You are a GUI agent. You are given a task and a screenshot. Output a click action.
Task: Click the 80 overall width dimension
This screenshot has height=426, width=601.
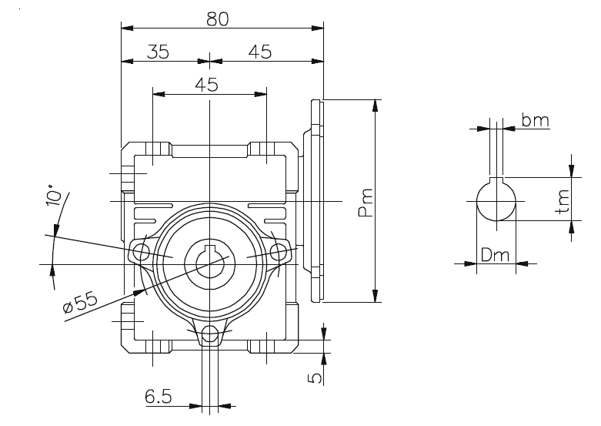coord(218,19)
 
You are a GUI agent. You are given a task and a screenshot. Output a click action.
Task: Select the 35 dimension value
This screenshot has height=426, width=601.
coord(159,52)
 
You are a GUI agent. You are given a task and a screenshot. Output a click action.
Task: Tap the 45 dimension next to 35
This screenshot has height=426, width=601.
coord(260,52)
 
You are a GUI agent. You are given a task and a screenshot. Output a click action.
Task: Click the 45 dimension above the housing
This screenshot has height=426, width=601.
coord(206,85)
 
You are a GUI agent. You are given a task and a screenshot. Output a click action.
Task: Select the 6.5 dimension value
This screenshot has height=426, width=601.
coord(159,397)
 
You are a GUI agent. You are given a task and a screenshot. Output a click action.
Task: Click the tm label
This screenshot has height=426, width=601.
coord(564,202)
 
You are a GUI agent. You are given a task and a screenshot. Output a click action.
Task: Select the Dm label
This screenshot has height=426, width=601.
coord(496,255)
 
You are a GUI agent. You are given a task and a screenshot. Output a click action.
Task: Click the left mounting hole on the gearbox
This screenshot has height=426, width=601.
coord(141,251)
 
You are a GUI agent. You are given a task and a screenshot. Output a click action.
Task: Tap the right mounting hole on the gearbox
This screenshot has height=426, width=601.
coord(278,251)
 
